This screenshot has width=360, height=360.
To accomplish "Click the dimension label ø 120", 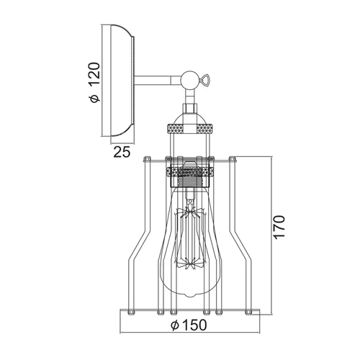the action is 94,83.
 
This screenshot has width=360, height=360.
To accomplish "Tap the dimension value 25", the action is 122,152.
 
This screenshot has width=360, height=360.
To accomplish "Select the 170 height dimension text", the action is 279,227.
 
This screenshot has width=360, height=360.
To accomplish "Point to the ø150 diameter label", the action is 189,325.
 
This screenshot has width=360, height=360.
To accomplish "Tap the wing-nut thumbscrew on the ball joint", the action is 204,79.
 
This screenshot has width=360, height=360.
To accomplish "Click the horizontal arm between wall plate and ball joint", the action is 158,80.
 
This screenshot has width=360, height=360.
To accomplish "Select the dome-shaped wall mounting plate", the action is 122,80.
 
